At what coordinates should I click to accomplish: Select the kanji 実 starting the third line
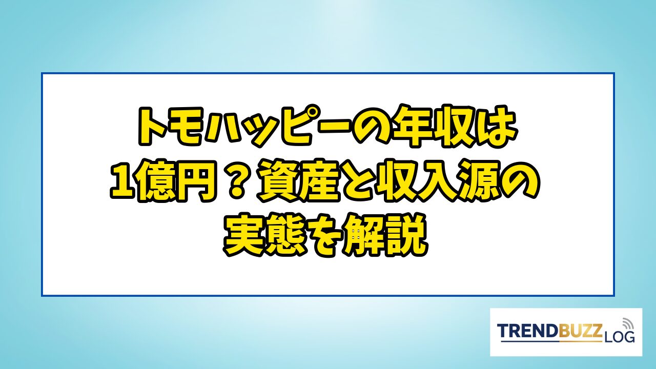pyautogui.click(x=245, y=235)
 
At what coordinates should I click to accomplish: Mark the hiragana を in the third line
pyautogui.click(x=325, y=236)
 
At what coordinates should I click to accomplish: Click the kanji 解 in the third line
pyautogui.click(x=364, y=235)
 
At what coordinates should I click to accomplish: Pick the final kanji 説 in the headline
pyautogui.click(x=406, y=235)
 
